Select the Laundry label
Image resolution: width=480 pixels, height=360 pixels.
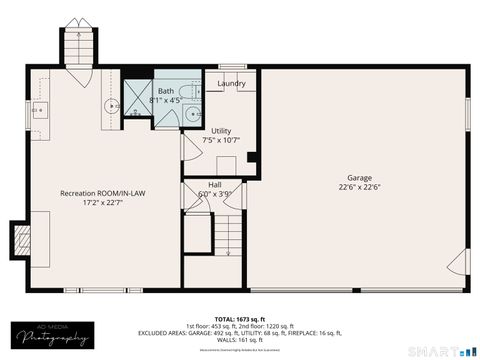(x=232, y=83)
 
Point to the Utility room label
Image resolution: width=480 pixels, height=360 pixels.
(x=221, y=130)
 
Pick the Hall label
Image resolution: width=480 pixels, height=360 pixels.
(x=214, y=184)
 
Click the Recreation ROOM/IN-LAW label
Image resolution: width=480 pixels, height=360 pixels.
(x=103, y=192)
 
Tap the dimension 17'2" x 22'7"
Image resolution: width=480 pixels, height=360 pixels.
(x=103, y=203)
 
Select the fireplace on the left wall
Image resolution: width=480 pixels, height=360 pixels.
(x=19, y=238)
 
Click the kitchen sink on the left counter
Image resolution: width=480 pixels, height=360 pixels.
(x=39, y=109)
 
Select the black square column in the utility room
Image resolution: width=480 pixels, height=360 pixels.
(x=251, y=156)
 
